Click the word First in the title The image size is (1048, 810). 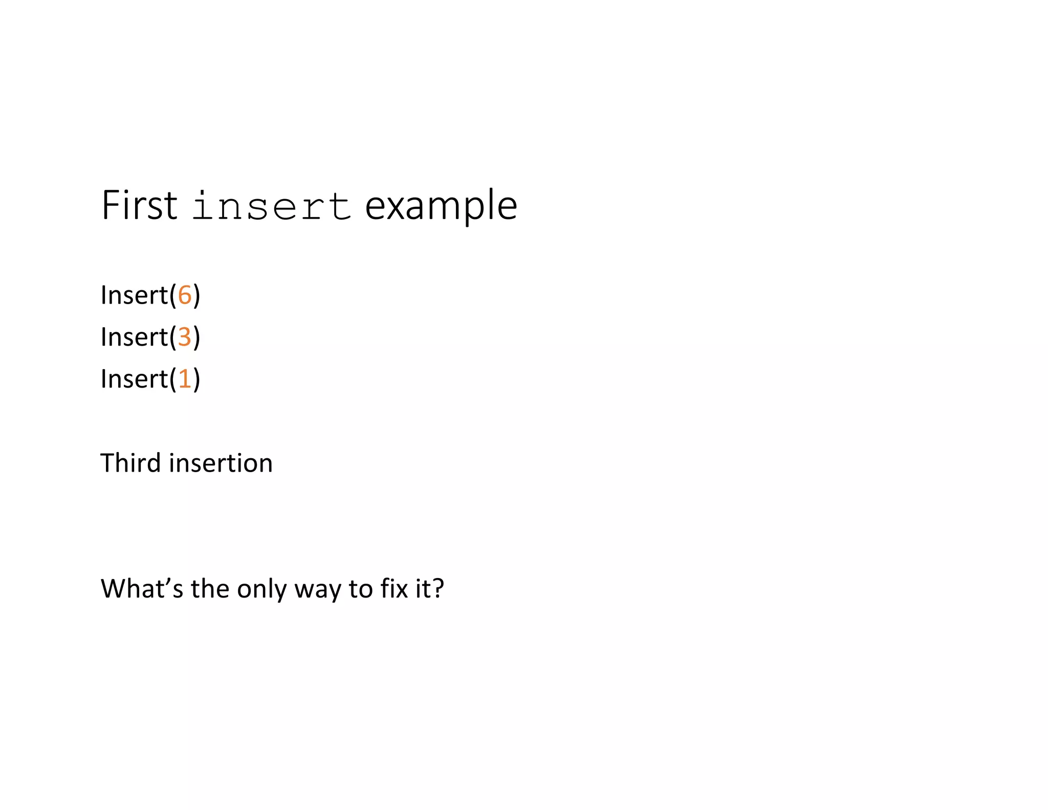(139, 206)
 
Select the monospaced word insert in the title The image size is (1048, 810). (272, 207)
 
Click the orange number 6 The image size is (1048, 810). (184, 295)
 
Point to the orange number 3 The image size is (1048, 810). (184, 337)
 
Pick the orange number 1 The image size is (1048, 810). (184, 379)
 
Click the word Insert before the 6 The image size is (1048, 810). (134, 295)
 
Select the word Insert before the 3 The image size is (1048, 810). (134, 337)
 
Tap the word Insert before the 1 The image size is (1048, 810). (134, 379)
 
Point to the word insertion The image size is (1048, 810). (221, 463)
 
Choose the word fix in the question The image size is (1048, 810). (394, 589)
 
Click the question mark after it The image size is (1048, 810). (439, 589)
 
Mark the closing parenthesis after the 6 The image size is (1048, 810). (196, 296)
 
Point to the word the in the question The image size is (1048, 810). (209, 589)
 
